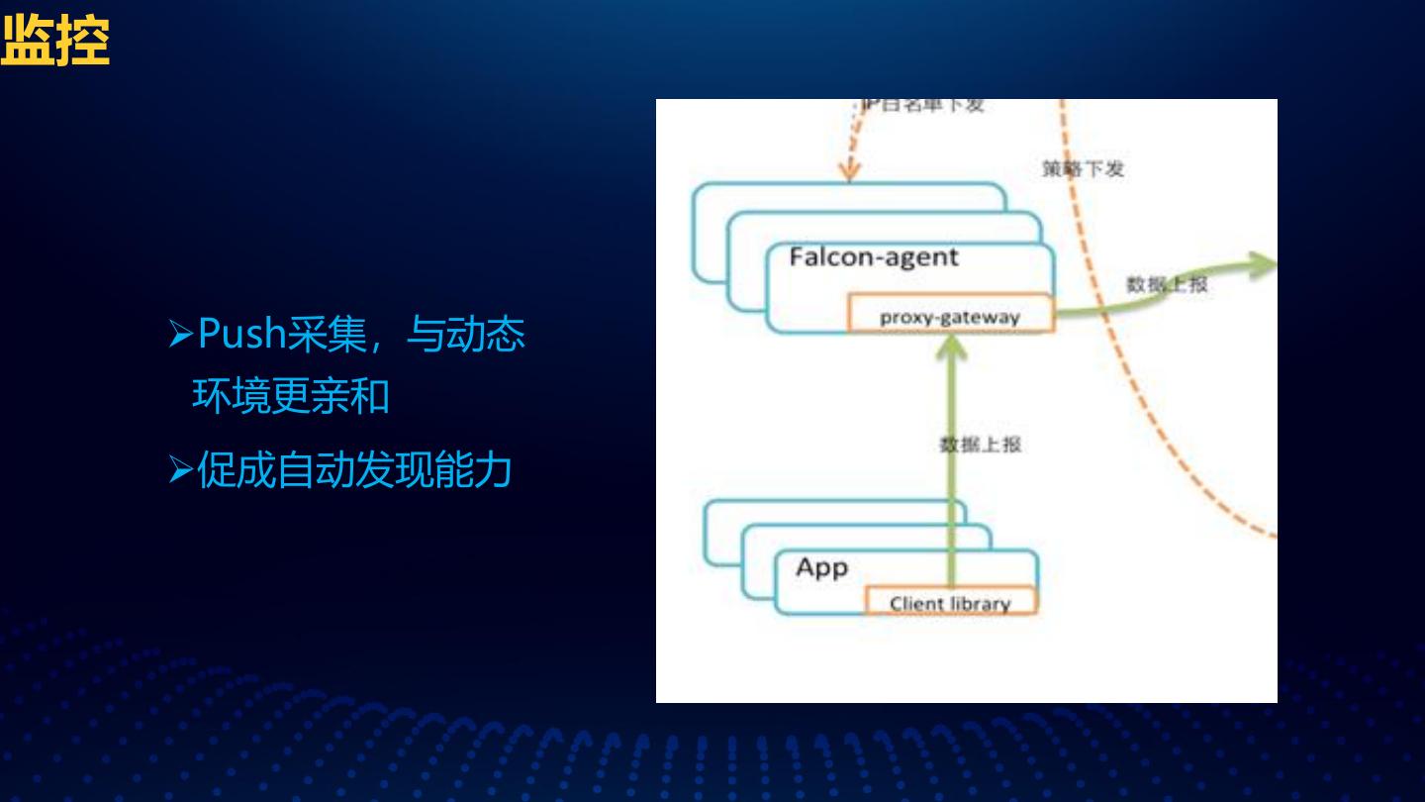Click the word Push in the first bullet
[x=241, y=335]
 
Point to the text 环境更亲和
[x=290, y=397]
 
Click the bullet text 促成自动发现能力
[x=354, y=470]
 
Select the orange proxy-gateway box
[x=949, y=316]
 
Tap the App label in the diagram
[x=821, y=568]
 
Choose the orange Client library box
[x=950, y=602]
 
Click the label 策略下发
[x=1083, y=168]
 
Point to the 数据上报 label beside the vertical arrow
[x=980, y=445]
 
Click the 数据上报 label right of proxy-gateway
[x=1167, y=284]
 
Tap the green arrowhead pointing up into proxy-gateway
[x=951, y=346]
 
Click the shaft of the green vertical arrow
[x=951, y=465]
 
